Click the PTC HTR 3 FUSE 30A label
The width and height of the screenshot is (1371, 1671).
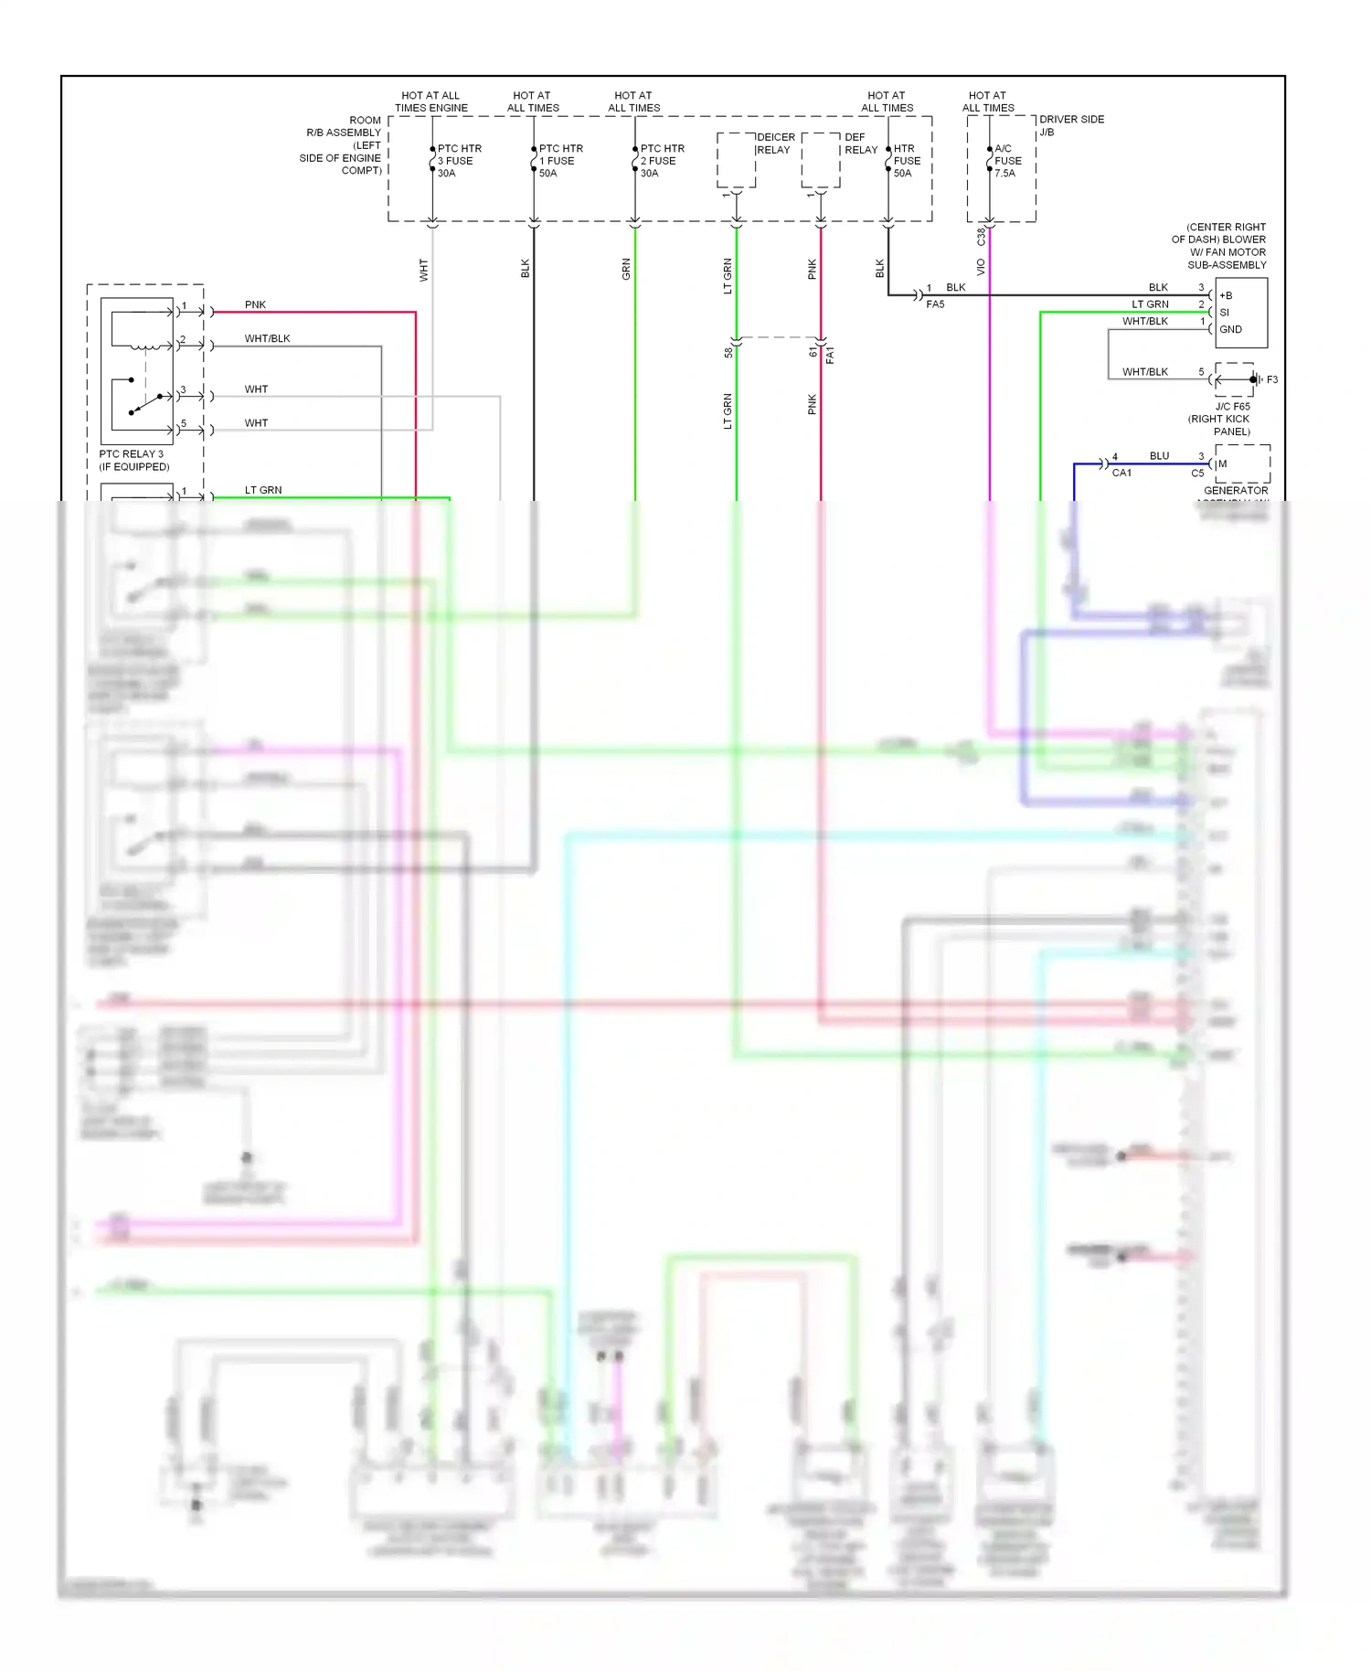459,161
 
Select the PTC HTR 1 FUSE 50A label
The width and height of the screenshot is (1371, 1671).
560,161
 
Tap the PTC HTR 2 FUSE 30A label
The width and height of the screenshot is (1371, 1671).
662,161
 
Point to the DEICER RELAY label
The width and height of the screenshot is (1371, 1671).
774,144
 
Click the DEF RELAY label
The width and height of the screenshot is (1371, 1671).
860,144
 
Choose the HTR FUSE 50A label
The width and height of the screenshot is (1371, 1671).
907,161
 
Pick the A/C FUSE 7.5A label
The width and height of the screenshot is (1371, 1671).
1007,161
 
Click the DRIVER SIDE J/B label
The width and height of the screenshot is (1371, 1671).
1071,125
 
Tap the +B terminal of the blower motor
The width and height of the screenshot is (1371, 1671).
1226,295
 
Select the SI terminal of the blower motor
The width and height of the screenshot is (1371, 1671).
1225,313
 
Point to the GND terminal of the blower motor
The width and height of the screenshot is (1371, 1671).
1230,329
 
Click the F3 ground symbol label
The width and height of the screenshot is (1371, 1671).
1271,379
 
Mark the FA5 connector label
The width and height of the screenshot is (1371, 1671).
935,304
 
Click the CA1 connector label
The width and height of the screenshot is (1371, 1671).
1121,474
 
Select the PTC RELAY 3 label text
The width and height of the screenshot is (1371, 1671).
132,454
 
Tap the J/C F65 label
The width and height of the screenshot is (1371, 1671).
1232,407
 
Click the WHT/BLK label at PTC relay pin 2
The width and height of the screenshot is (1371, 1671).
267,338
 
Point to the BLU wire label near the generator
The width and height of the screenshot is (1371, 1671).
1159,455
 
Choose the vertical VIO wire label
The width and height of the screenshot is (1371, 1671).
981,267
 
